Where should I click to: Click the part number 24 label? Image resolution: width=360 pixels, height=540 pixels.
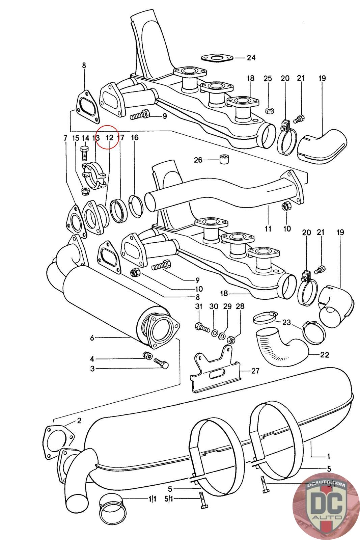click(x=251, y=58)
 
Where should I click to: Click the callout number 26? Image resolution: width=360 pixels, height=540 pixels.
click(x=198, y=160)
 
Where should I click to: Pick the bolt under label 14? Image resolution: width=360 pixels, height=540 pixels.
click(x=85, y=155)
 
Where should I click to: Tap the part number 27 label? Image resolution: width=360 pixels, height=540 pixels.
click(x=255, y=371)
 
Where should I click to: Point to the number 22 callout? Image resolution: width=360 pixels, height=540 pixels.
click(x=325, y=355)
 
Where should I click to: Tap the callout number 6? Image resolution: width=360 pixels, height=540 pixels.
click(x=92, y=337)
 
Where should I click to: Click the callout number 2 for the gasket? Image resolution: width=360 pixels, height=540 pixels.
click(x=79, y=421)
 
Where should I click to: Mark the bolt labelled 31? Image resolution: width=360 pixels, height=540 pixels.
click(x=199, y=326)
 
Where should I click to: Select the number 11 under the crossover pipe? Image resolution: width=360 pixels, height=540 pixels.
click(x=268, y=229)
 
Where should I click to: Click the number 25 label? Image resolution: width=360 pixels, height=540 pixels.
click(x=268, y=79)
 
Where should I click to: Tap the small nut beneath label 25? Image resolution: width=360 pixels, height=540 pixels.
click(x=269, y=110)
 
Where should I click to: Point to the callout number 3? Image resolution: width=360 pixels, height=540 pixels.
click(x=92, y=369)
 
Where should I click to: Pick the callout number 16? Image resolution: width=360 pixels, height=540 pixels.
click(x=135, y=138)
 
